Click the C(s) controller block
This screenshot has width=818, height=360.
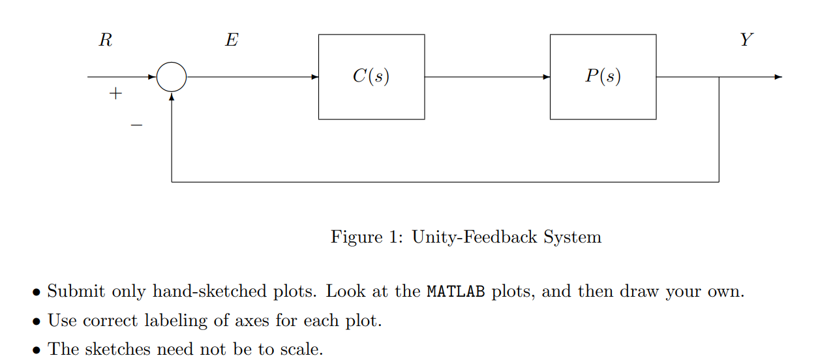coord(371,77)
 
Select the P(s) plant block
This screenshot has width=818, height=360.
coord(603,77)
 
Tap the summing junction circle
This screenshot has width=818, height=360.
coord(172,77)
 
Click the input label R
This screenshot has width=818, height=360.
coord(105,40)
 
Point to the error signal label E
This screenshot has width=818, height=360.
coord(232,40)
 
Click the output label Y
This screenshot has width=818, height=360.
coord(746,40)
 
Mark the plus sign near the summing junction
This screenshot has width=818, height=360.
coord(115,94)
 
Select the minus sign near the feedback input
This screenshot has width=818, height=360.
coord(136,124)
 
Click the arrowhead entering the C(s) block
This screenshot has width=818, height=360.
coord(314,77)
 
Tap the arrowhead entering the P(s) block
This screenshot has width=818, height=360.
coord(546,77)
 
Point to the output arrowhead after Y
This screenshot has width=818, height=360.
coord(778,77)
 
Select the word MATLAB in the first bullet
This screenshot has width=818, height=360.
coord(456,292)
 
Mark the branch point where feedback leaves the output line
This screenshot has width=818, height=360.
coord(719,77)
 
